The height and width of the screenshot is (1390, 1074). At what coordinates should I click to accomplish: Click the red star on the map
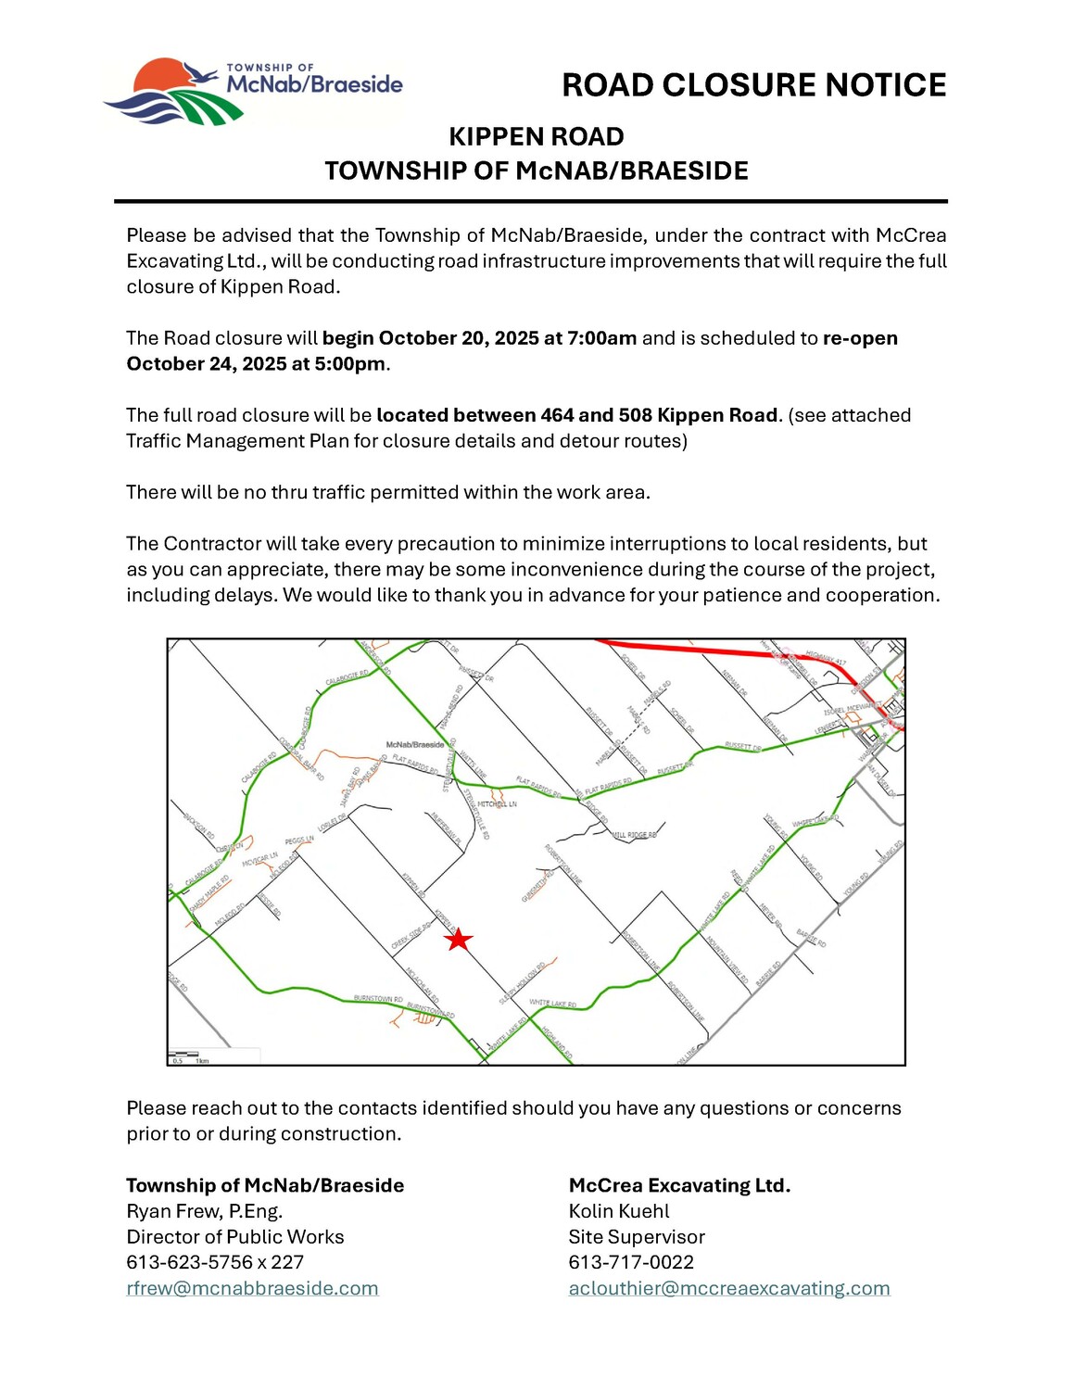pyautogui.click(x=458, y=940)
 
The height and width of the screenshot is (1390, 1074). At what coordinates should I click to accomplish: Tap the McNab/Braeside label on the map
pyautogui.click(x=414, y=744)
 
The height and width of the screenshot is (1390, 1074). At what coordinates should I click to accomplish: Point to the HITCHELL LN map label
pyautogui.click(x=498, y=804)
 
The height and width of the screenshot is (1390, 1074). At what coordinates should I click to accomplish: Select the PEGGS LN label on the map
pyautogui.click(x=299, y=840)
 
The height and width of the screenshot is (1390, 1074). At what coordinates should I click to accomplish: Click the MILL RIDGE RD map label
pyautogui.click(x=635, y=835)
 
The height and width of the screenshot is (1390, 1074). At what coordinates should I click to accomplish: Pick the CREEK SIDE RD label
pyautogui.click(x=411, y=936)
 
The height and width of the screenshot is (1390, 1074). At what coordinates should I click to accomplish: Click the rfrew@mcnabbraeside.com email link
pyautogui.click(x=252, y=1288)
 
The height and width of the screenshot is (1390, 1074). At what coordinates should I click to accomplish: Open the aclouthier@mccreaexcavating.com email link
pyautogui.click(x=729, y=1288)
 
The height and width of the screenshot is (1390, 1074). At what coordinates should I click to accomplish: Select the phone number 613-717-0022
pyautogui.click(x=631, y=1262)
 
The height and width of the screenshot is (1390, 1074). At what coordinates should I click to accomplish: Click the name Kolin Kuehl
pyautogui.click(x=619, y=1211)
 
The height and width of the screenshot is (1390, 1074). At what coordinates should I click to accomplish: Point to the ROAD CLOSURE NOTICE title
pyautogui.click(x=753, y=85)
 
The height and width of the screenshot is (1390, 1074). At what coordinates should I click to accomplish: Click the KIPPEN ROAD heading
pyautogui.click(x=536, y=136)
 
